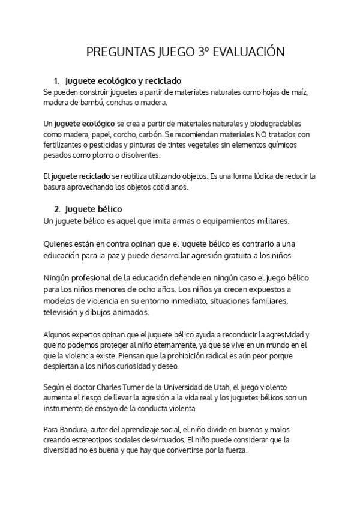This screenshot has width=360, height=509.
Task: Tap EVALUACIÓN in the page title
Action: click(244, 52)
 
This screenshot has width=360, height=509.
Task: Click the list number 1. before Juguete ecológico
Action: click(56, 80)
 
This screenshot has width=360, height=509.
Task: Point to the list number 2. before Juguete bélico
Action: click(56, 209)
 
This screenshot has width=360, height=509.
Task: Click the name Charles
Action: click(108, 387)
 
